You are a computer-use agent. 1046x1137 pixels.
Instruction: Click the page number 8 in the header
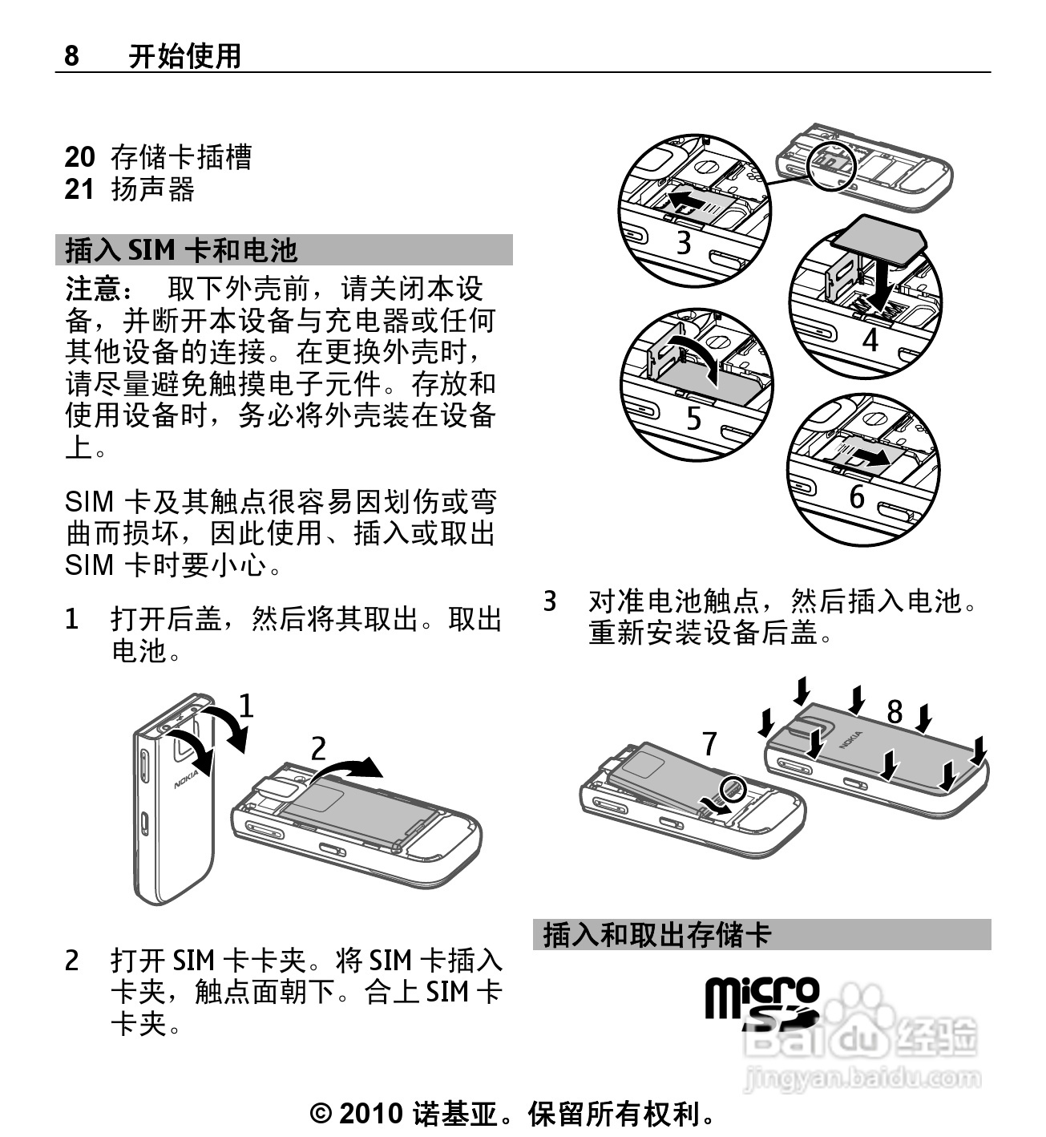pos(71,55)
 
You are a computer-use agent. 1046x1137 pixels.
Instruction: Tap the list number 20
pos(80,157)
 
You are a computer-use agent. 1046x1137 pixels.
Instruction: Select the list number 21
pos(79,189)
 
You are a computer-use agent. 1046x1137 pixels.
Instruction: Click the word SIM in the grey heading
pos(151,250)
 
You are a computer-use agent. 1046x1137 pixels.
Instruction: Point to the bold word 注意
pos(94,289)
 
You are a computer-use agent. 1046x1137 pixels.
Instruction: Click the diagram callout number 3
pos(684,242)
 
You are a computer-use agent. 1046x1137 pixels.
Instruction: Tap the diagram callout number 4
pos(870,339)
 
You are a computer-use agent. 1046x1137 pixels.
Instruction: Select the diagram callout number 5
pos(694,419)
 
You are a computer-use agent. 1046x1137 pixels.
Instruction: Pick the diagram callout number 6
pos(857,496)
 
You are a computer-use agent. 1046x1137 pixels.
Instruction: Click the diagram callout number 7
pos(710,743)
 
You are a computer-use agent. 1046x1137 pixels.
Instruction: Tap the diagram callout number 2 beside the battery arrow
pos(319,748)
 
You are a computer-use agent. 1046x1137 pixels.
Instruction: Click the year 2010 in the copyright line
pos(370,1113)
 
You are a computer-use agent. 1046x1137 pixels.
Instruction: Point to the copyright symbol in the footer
pos(321,1114)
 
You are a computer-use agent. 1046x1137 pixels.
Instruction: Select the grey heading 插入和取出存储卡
pos(657,935)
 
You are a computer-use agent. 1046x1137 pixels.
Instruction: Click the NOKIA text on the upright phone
pos(186,779)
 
